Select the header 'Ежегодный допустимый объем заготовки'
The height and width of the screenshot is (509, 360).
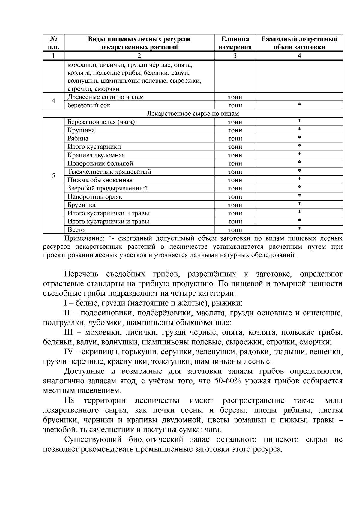click(299, 43)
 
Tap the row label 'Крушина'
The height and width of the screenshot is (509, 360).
click(81, 130)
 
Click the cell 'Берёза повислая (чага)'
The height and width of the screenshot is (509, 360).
click(101, 122)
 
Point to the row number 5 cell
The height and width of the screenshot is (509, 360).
click(53, 176)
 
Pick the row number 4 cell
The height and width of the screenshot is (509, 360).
click(53, 101)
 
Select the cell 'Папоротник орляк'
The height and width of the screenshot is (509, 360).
click(95, 197)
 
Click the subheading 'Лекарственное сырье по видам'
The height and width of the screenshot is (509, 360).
click(193, 114)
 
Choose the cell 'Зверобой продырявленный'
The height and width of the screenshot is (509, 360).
click(107, 188)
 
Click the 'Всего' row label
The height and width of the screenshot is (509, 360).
click(76, 230)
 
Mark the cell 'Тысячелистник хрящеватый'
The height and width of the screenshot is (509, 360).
click(109, 172)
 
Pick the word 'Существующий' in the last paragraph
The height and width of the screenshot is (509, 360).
click(93, 439)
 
